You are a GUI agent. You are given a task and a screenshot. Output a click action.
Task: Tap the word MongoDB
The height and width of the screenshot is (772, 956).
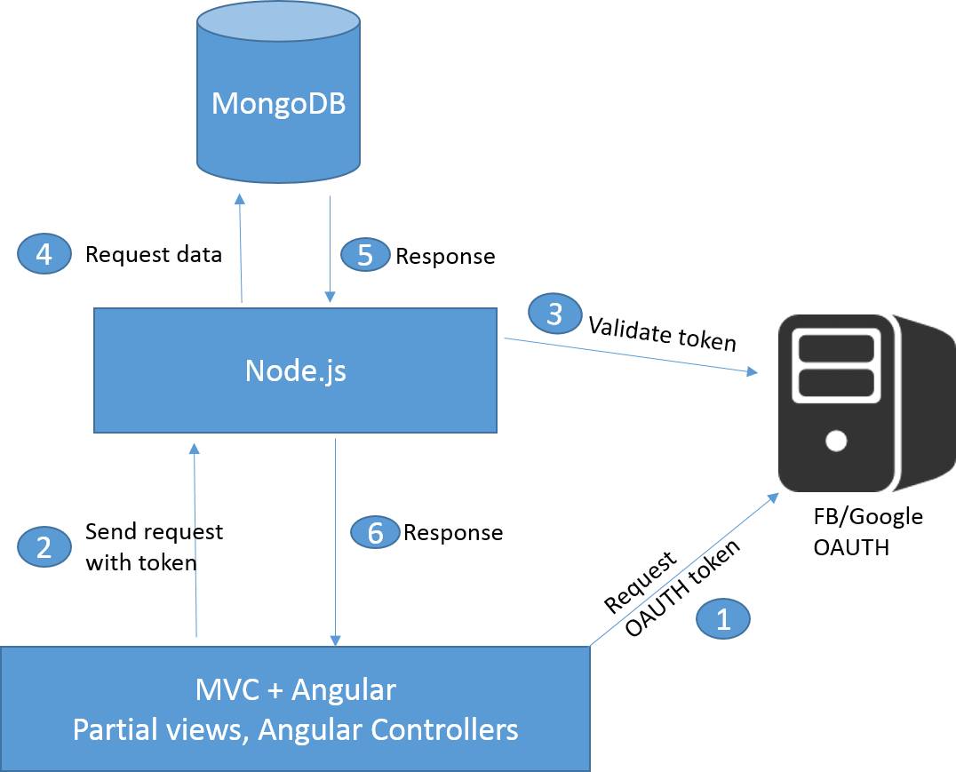[x=278, y=104]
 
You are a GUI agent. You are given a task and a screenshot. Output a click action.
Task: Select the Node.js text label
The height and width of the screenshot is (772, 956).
[x=295, y=370]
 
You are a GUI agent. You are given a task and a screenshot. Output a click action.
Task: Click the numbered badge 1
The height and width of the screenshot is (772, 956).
[x=722, y=618]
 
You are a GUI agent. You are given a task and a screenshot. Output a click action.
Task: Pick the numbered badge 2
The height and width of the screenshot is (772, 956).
[x=44, y=546]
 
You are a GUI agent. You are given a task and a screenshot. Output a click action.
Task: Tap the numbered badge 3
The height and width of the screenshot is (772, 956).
[x=554, y=314]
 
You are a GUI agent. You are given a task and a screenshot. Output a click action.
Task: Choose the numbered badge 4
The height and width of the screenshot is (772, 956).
[x=44, y=255]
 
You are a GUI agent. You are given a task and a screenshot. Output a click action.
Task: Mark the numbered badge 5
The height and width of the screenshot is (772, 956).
[x=364, y=255]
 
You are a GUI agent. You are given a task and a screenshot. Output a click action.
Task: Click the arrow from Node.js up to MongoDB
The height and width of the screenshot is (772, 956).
[x=240, y=249]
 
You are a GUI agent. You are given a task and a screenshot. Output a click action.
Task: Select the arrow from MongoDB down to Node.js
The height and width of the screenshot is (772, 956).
[x=331, y=249]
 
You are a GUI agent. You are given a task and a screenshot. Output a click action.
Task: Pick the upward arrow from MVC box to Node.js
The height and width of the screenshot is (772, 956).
[x=194, y=542]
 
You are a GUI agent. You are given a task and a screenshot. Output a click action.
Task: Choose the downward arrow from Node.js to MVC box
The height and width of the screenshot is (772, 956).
[x=336, y=542]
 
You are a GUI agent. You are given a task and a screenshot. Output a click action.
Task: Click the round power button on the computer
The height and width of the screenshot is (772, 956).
[x=836, y=440]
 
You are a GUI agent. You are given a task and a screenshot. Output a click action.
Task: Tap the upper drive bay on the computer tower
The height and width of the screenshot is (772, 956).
[x=836, y=347]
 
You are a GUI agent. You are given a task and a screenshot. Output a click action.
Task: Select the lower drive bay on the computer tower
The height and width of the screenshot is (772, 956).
[x=836, y=384]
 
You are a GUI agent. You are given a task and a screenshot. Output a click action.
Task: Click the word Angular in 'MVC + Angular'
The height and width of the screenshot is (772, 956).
[x=343, y=689]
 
